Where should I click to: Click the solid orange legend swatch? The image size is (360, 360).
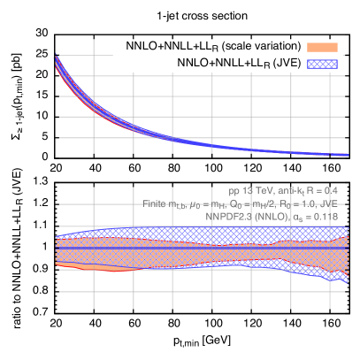322,47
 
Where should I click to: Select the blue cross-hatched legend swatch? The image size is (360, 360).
322,64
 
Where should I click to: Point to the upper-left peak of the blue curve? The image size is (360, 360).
57,58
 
